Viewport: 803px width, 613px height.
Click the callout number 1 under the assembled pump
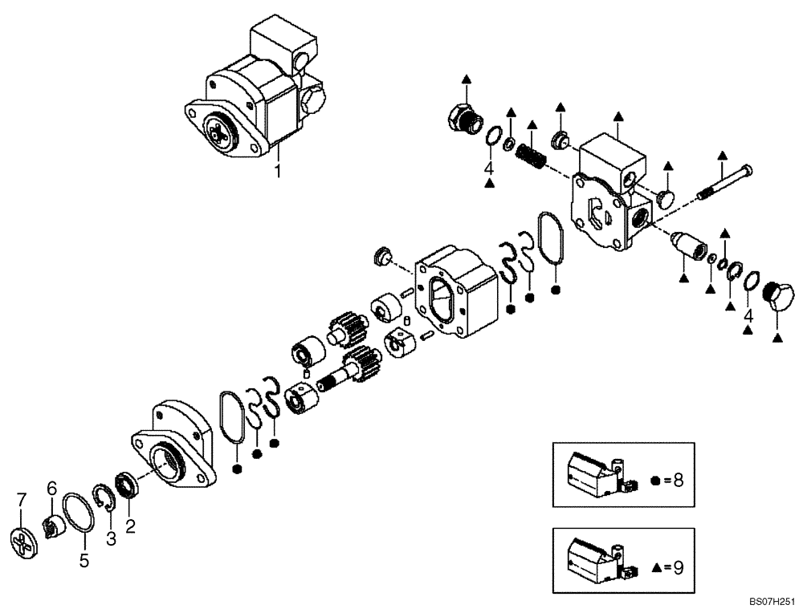coord(278,170)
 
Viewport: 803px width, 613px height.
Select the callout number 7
coord(22,501)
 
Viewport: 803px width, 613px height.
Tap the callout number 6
coord(51,488)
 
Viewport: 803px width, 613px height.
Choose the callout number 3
coord(111,538)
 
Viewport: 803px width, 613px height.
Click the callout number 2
coord(130,526)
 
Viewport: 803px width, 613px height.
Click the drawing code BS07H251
coord(771,599)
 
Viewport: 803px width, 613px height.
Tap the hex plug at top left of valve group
coord(462,120)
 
